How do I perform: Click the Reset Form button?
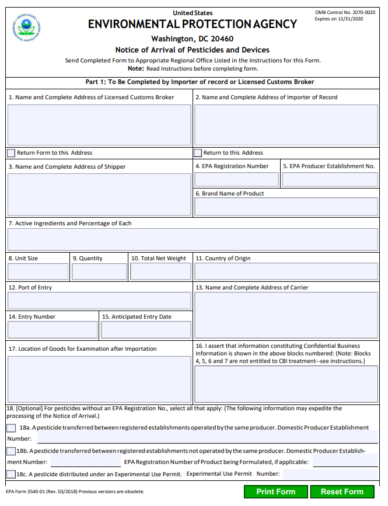342,492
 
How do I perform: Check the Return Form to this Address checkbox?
11,153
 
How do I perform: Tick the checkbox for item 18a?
12,428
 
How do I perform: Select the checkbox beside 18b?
11,451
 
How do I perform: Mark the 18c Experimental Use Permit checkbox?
11,474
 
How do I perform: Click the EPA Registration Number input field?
236,180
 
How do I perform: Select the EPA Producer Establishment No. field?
330,180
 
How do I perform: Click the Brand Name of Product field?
286,207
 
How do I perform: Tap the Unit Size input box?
38,272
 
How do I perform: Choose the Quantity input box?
99,272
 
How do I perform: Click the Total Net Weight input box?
160,272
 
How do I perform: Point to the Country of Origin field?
286,272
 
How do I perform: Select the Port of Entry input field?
99,301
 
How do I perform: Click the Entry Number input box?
53,330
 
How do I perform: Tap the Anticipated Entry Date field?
146,330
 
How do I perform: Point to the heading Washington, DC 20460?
192,39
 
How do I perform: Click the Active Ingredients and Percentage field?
193,239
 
